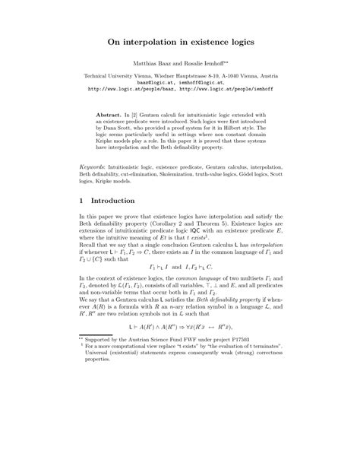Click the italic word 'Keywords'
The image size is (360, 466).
[x=94, y=187]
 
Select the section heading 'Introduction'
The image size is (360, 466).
[x=115, y=223]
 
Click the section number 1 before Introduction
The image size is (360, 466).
[x=81, y=223]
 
